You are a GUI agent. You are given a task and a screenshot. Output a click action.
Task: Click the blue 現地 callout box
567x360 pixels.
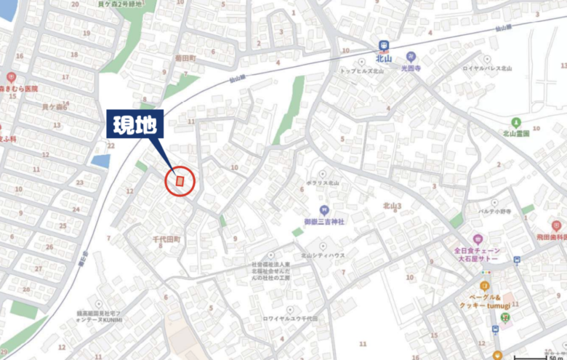[137, 125]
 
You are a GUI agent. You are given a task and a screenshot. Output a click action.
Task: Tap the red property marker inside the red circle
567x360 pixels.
[180, 180]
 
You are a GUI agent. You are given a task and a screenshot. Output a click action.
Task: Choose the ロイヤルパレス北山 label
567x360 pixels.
[488, 68]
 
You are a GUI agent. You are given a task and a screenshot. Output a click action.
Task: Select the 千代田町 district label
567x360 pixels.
[166, 239]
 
